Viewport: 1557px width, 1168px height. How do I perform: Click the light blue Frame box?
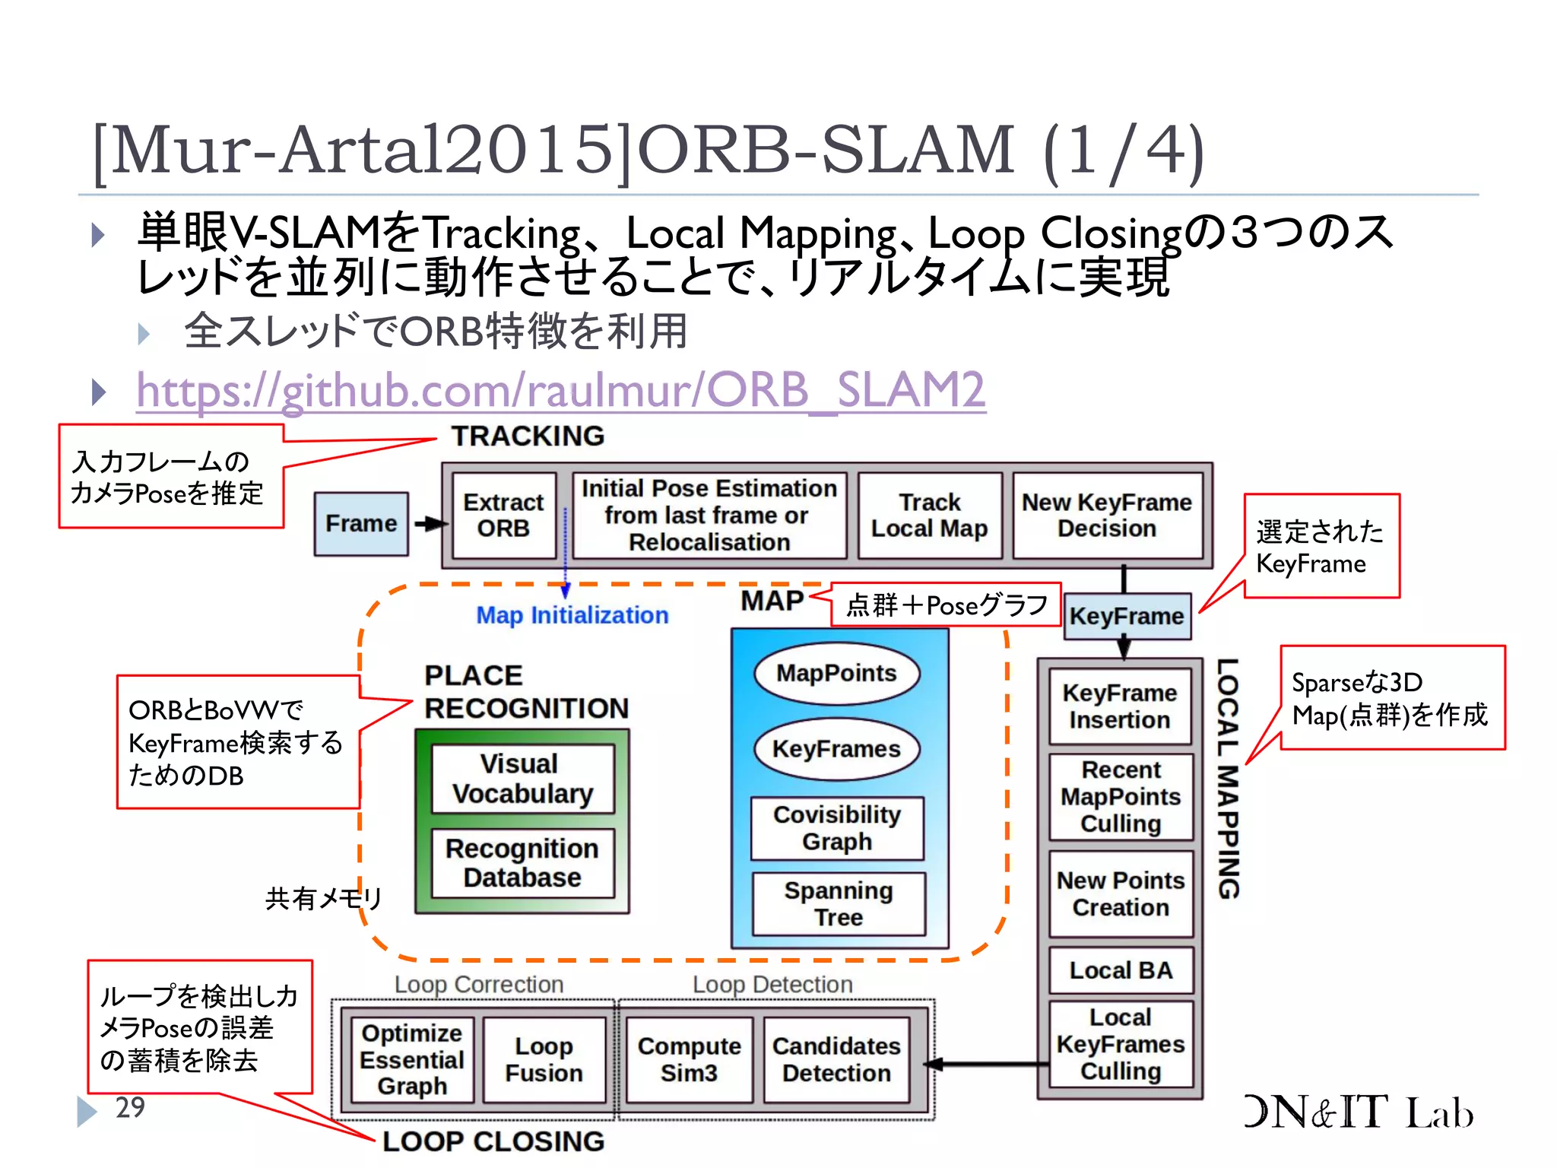coord(361,524)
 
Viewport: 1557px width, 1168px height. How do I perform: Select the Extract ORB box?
coord(503,516)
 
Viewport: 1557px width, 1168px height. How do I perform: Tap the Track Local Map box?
coord(929,516)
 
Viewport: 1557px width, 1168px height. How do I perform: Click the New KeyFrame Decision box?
coord(1107,516)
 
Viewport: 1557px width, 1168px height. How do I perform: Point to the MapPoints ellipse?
coord(836,673)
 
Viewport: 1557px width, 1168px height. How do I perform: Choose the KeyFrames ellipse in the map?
coord(836,749)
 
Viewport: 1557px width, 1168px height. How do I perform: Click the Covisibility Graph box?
coord(837,828)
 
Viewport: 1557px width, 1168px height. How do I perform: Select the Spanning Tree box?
coord(839,903)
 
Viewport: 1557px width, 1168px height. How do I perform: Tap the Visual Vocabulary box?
coord(523,779)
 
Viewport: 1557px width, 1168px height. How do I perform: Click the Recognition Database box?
coord(522,863)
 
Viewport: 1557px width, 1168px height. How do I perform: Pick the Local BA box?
coord(1121,970)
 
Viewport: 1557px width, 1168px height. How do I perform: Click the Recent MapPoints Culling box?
coord(1121,797)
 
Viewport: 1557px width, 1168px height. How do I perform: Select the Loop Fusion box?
coord(544,1059)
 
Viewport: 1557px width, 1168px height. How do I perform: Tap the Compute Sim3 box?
coord(689,1059)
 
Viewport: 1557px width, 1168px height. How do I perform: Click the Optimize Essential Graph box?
coord(411,1059)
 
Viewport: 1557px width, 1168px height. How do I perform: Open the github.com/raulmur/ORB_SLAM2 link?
coord(561,390)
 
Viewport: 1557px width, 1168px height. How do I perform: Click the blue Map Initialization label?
coord(572,615)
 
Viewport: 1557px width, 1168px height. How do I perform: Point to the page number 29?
coord(130,1107)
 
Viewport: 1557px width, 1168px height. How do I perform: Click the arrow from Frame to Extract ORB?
coord(430,524)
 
